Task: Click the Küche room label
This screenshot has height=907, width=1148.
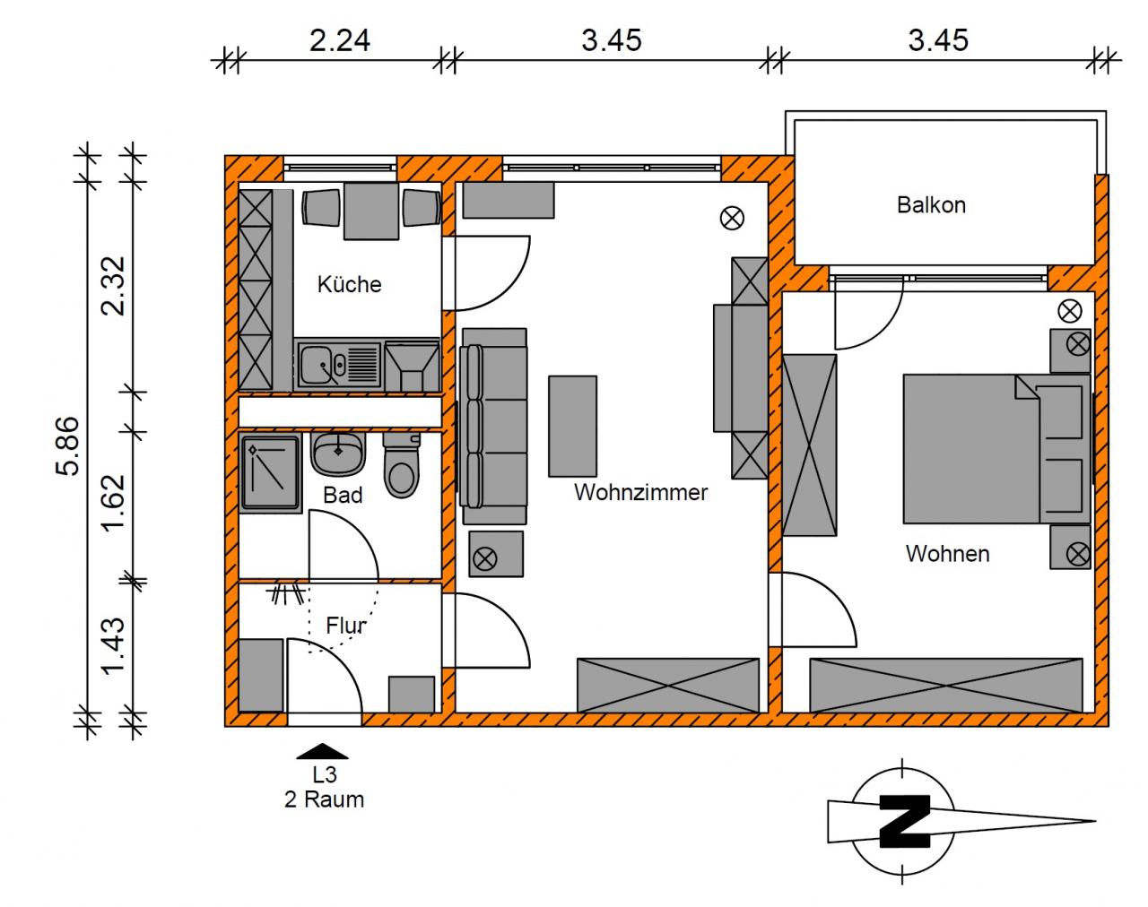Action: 350,284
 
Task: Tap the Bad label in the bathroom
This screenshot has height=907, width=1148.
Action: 343,496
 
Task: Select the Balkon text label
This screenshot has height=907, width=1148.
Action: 931,205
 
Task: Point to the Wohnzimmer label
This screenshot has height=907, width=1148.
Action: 640,492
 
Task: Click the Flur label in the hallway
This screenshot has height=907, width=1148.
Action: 345,626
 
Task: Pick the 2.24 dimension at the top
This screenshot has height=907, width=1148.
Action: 340,41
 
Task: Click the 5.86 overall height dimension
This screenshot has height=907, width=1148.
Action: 68,445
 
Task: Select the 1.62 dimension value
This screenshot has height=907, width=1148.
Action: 114,502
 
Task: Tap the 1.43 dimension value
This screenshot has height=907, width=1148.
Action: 114,646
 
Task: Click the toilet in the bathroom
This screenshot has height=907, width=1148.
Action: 401,465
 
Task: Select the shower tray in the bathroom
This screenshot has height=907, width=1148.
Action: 270,473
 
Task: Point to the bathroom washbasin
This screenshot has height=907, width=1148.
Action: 338,454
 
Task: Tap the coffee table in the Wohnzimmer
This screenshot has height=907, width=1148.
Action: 572,426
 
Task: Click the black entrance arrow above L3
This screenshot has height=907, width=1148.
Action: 322,751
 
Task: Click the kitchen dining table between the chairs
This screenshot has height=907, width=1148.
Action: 371,212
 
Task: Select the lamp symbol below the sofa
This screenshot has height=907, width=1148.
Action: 485,559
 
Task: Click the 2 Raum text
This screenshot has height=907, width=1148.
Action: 325,799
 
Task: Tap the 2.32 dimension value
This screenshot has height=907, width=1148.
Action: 114,286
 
